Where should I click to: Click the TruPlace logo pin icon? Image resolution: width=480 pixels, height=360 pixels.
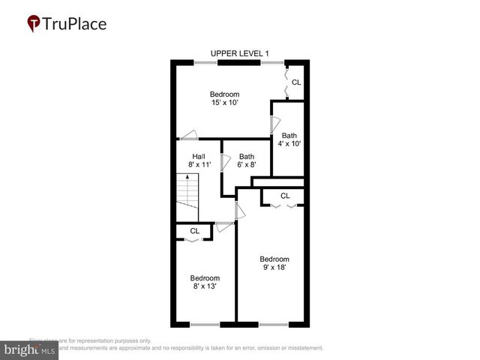[x=34, y=23]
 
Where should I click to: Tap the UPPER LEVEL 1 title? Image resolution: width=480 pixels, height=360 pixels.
[x=239, y=53]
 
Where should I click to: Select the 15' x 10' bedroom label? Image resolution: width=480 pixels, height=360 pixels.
[x=224, y=99]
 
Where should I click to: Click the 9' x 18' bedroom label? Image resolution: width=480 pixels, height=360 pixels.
[x=274, y=262]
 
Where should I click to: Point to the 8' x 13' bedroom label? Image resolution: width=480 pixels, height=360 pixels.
[x=204, y=281]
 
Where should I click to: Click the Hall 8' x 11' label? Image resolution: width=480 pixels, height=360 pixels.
[x=199, y=160]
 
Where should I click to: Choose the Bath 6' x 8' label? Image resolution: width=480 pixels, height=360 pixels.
[x=247, y=160]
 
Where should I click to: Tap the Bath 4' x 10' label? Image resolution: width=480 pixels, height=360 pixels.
[x=289, y=139]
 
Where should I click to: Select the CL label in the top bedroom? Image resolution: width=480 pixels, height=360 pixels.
[x=296, y=82]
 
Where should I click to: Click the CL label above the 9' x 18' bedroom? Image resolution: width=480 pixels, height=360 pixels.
[x=285, y=196]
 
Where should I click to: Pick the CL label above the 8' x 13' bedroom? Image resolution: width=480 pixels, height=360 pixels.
[x=194, y=231]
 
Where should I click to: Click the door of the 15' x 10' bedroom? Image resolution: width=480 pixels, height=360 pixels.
[x=188, y=135]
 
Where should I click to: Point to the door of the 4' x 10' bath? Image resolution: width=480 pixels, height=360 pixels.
[x=275, y=125]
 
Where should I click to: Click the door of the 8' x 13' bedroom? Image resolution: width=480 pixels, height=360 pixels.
[x=223, y=224]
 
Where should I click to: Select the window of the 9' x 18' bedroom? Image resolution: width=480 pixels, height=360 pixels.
[x=274, y=324]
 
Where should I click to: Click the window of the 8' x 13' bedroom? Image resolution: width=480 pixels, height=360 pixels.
[x=205, y=324]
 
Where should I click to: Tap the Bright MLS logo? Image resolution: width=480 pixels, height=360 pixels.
[x=29, y=349]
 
